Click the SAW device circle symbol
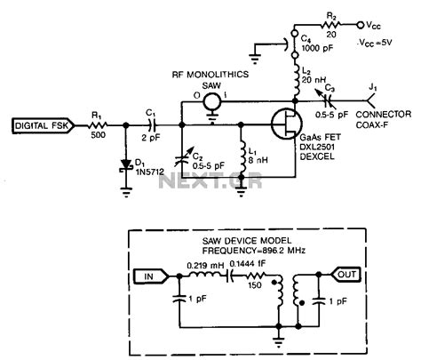tap(211, 104)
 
